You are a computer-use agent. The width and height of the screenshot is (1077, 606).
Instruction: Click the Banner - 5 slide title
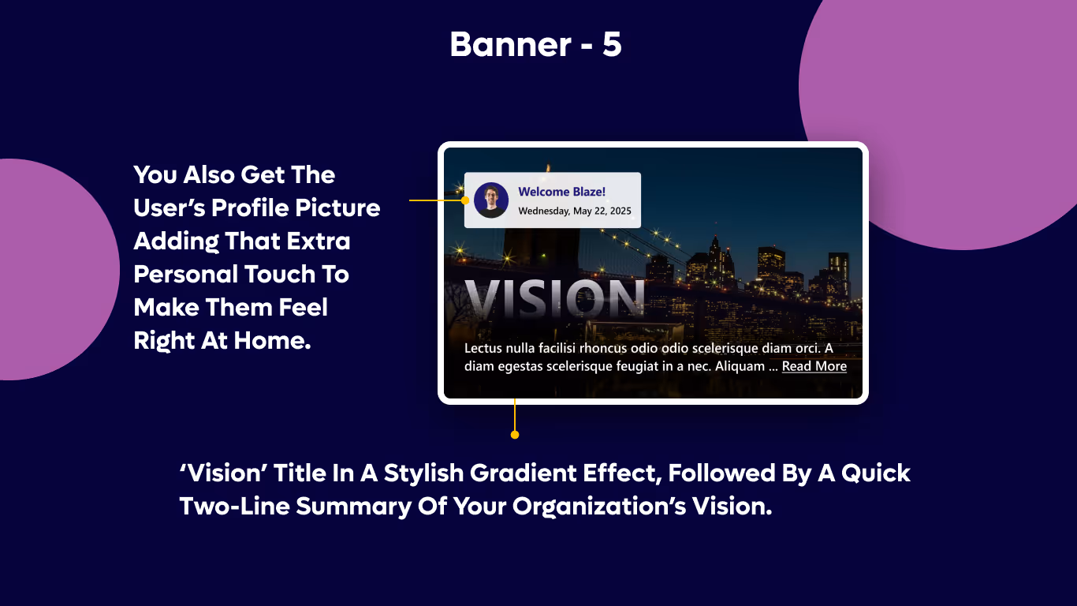pos(536,45)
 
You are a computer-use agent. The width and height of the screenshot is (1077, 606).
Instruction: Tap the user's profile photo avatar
pos(491,200)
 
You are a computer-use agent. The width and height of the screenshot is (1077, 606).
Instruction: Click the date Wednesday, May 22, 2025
pos(575,211)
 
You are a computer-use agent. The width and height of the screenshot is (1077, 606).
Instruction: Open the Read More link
pos(814,366)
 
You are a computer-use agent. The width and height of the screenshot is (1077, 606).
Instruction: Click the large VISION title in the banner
pos(555,299)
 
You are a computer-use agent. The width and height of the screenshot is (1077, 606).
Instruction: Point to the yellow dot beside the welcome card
pos(465,200)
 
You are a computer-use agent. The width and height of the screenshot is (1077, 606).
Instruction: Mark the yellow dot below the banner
pos(515,435)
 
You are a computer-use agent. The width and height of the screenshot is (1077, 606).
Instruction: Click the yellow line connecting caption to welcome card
pos(435,200)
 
